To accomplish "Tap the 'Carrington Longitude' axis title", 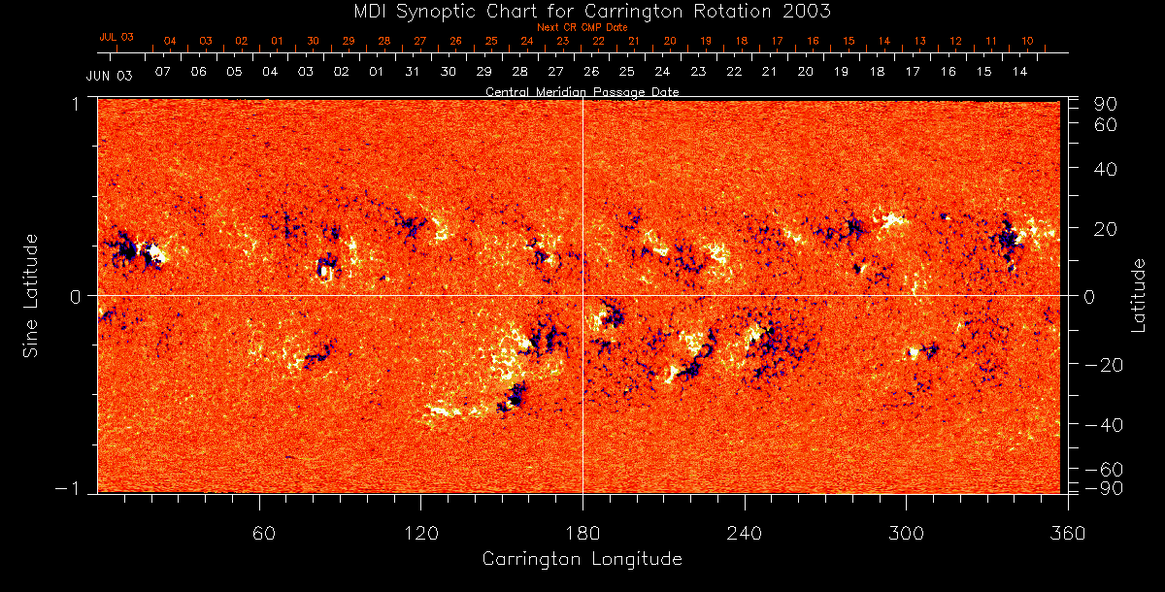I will coord(582,559).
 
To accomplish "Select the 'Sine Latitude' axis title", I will coord(32,295).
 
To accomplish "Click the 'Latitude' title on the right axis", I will coord(1139,295).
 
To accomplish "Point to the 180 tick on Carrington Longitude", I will coord(582,533).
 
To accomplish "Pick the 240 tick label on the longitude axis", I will coord(744,533).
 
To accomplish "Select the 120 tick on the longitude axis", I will coord(421,533).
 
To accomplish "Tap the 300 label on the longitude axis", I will coord(906,533).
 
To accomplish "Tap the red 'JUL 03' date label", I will coord(116,37).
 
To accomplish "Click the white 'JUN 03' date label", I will coord(109,75).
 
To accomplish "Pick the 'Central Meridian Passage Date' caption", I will coord(582,92).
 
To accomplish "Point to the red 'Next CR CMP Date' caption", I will coord(582,28).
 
